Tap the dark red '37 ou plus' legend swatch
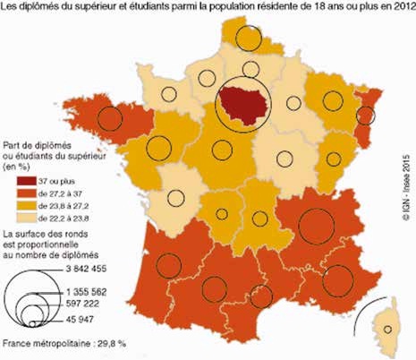pyautogui.click(x=13, y=182)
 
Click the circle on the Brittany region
pyautogui.click(x=109, y=117)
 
